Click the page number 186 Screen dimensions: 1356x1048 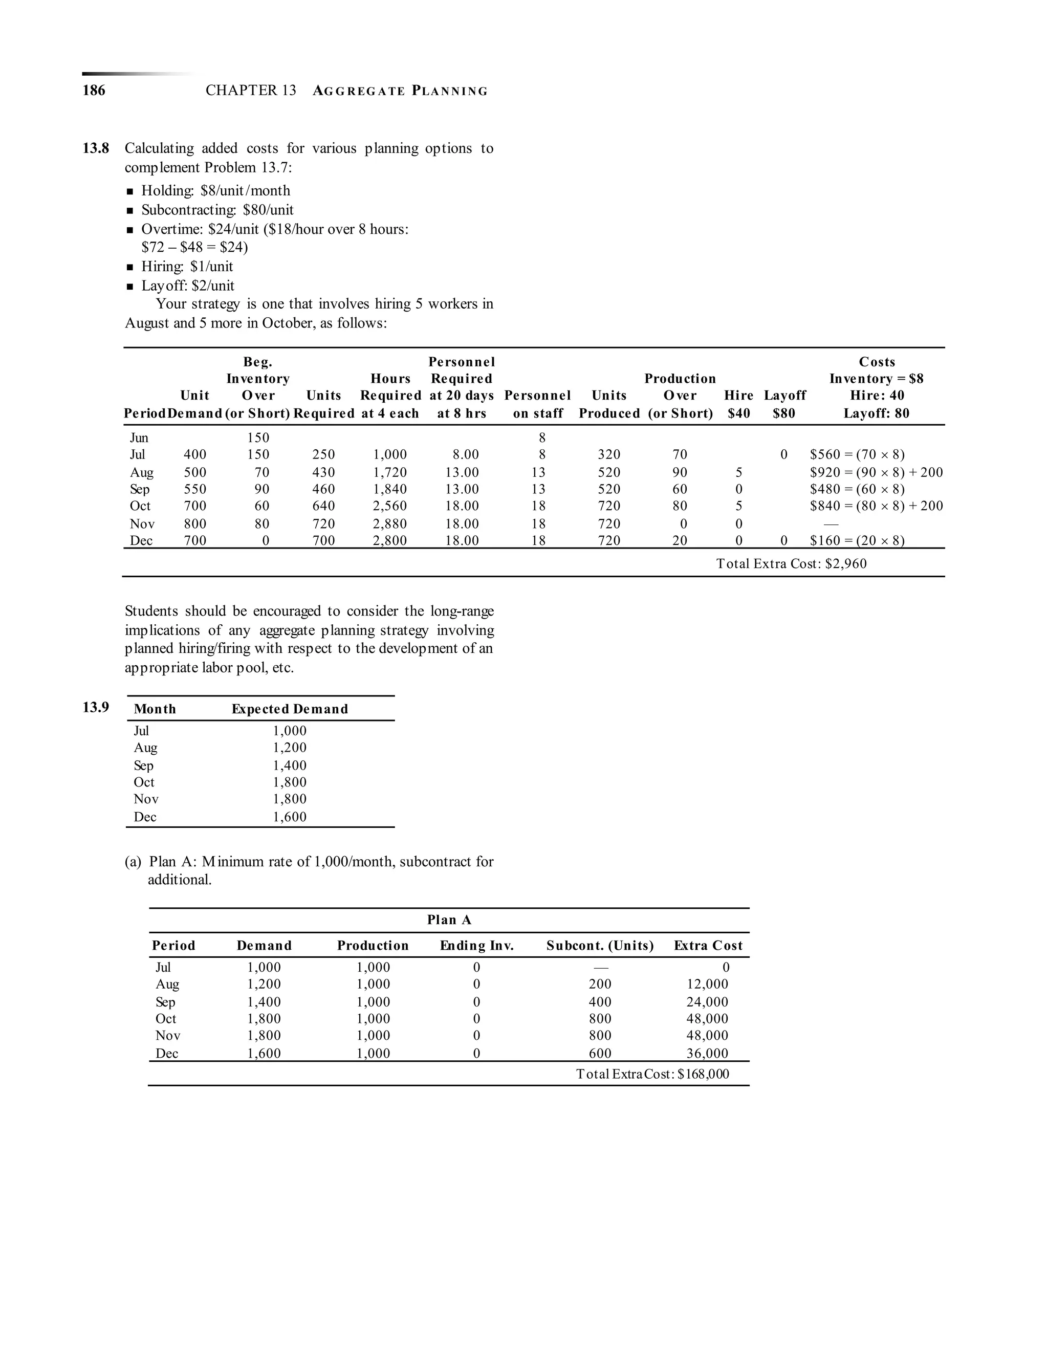click(94, 91)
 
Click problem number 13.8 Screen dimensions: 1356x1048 click(96, 148)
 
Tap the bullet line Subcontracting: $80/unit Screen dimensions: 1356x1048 click(217, 210)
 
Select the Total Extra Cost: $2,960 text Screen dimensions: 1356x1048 click(791, 564)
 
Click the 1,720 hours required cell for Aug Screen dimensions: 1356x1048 click(390, 472)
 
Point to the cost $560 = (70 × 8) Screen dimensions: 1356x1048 click(857, 454)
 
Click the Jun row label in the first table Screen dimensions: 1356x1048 click(139, 438)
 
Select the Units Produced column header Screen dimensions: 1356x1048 click(609, 404)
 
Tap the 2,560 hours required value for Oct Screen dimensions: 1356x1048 click(390, 506)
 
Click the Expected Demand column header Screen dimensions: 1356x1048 click(289, 709)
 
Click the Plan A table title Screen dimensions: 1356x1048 click(449, 920)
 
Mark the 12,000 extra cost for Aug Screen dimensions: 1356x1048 click(707, 984)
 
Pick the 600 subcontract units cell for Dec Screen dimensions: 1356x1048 click(600, 1054)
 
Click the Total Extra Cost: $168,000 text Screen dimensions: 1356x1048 click(652, 1074)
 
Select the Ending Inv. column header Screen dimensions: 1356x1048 click(477, 946)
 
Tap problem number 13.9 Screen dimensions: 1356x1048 click(96, 707)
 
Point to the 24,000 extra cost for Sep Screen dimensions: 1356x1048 click(707, 1002)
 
